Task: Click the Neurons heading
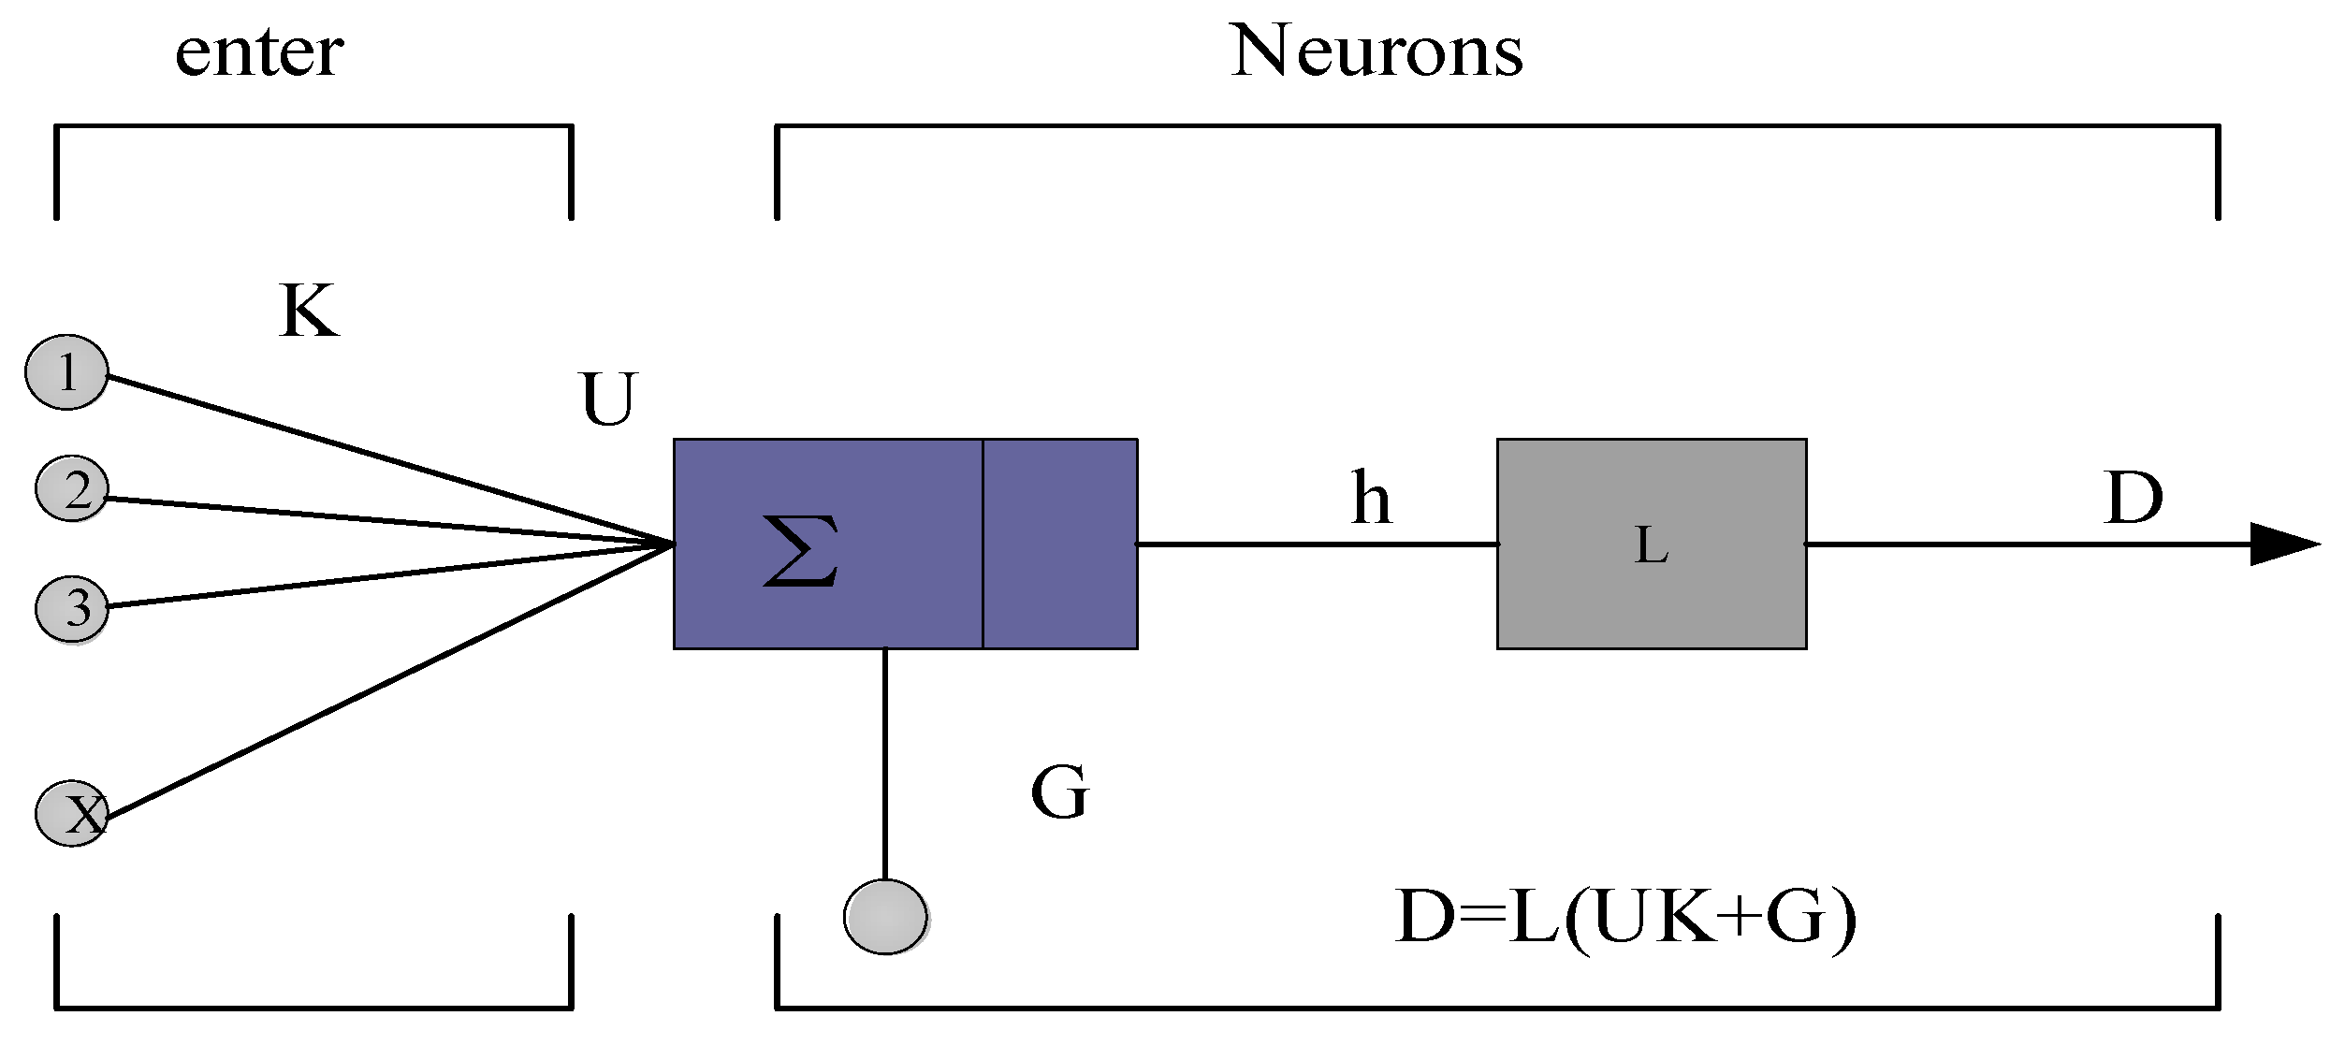click(x=1376, y=51)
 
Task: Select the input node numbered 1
click(x=66, y=372)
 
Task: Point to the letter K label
click(x=308, y=311)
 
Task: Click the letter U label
click(x=608, y=399)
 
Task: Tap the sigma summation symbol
click(x=800, y=551)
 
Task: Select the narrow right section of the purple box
click(x=1059, y=544)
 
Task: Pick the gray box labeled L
click(x=1651, y=544)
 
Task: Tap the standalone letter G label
click(x=1059, y=792)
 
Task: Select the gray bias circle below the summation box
click(x=885, y=917)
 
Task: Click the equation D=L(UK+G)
click(x=1626, y=919)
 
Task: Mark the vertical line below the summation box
click(x=884, y=762)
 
